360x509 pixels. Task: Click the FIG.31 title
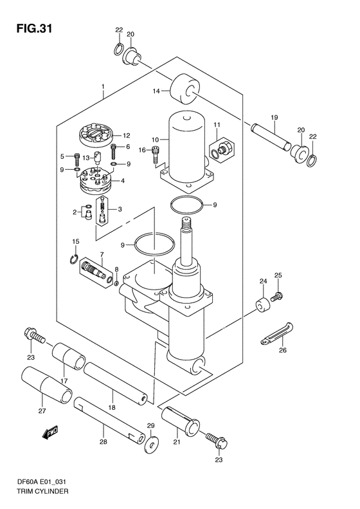click(34, 29)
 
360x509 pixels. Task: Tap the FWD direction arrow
click(50, 432)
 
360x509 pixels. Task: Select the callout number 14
click(156, 91)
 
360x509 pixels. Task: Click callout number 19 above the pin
click(274, 118)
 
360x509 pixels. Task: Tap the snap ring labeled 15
click(75, 259)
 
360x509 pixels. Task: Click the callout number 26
click(283, 350)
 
